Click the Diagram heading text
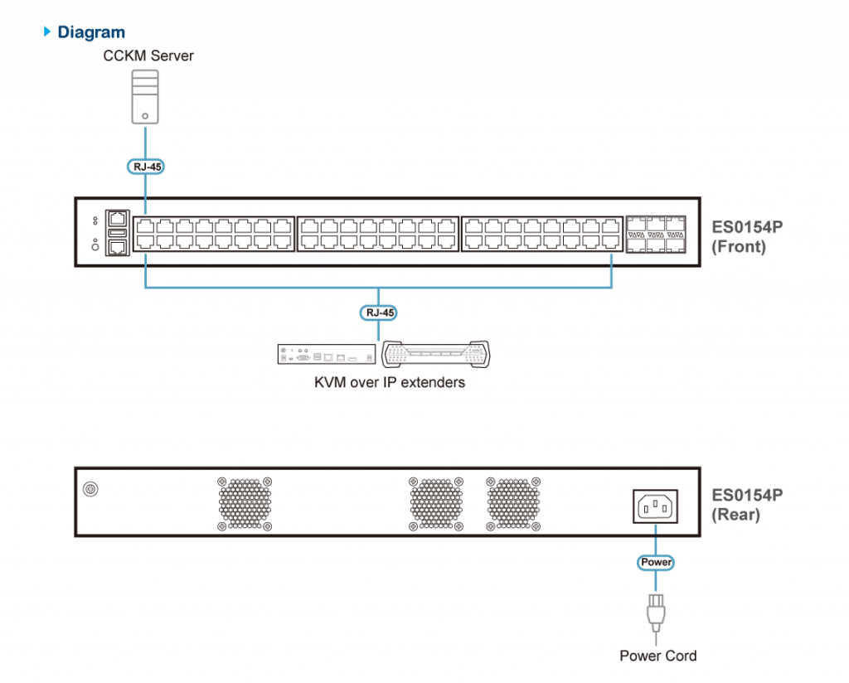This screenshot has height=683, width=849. coord(91,32)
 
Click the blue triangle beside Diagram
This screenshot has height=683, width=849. coord(47,32)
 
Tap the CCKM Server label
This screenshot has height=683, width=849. coord(148,56)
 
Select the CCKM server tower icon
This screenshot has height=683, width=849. coord(145,96)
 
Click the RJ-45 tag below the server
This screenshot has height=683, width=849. coord(146,167)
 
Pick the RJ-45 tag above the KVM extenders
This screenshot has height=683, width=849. coord(378,313)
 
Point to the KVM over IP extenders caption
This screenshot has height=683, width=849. coord(389,383)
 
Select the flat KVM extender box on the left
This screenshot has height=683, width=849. coord(326,354)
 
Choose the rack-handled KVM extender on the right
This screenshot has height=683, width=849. coord(435,354)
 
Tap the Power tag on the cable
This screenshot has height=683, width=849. coord(655,562)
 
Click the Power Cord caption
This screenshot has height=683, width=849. coord(657,656)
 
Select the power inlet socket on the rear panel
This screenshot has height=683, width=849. coord(655,505)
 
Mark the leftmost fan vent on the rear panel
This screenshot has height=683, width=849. coord(245,503)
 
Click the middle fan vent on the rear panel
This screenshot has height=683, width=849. coord(436,503)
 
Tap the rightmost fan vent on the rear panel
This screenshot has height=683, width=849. coord(513,503)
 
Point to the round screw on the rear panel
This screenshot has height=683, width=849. coord(91,489)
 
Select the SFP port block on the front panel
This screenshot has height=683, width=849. coord(655,233)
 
